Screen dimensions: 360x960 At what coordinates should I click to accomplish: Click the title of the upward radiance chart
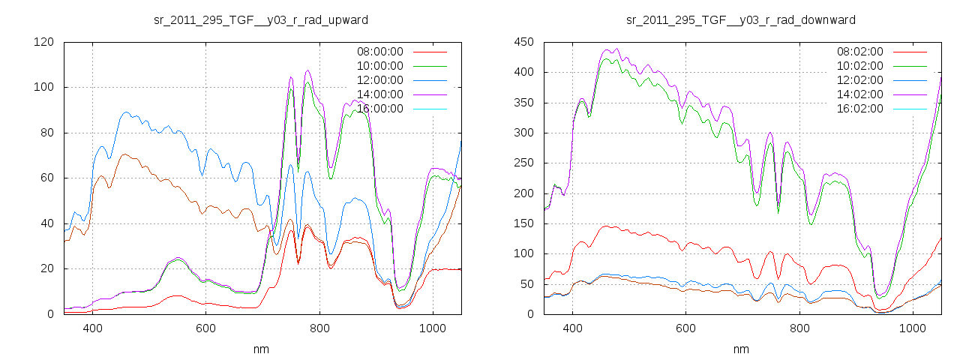[x=260, y=19]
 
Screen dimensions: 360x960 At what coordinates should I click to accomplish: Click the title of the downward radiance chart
[x=741, y=19]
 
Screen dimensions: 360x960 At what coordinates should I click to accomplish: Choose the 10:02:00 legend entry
[x=859, y=66]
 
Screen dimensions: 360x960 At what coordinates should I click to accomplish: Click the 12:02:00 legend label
[x=859, y=80]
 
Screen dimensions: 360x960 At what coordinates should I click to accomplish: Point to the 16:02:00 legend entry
[x=859, y=109]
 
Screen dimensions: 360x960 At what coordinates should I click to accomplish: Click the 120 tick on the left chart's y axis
[x=43, y=42]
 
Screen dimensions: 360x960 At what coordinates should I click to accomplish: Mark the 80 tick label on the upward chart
[x=46, y=133]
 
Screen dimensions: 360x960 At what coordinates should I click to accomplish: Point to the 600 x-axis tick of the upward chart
[x=206, y=328]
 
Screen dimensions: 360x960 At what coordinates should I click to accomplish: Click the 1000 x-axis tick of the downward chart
[x=913, y=328]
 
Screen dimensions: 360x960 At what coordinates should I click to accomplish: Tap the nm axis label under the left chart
[x=260, y=349]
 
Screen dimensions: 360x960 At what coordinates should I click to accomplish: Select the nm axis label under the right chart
[x=741, y=349]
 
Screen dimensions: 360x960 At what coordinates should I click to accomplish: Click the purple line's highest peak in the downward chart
[x=616, y=49]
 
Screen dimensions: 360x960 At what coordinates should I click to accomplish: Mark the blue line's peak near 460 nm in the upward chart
[x=125, y=112]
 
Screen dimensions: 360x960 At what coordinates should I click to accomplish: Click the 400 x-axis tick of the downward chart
[x=573, y=328]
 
